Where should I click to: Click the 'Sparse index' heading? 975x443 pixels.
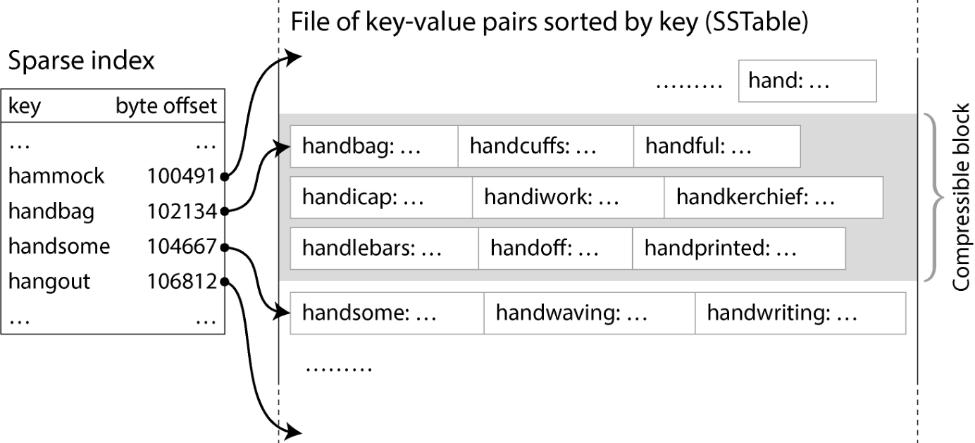82,61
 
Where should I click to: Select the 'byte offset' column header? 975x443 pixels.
166,106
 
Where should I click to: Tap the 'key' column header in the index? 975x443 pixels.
25,106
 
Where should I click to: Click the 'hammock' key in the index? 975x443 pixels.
56,176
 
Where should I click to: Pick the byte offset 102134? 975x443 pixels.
182,211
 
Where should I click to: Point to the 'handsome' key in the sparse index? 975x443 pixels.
59,247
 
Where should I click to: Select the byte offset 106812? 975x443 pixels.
182,281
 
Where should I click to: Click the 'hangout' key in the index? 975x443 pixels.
49,282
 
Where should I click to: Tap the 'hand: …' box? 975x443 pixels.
807,81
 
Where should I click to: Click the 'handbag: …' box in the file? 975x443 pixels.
374,146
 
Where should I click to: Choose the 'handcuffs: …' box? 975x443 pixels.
546,146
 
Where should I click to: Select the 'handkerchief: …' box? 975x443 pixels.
774,197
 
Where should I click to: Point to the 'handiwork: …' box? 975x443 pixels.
568,197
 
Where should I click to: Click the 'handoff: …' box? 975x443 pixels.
555,248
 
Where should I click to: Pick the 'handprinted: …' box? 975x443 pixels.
739,248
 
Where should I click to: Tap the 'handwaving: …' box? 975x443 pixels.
590,313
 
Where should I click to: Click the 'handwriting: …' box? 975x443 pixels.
800,313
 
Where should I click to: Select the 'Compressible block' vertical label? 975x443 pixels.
961,197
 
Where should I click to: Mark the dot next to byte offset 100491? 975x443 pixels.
225,177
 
